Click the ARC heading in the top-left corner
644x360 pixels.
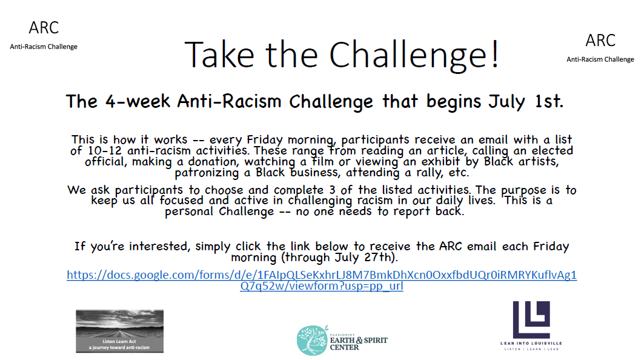point(44,28)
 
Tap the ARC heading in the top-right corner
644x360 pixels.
point(600,41)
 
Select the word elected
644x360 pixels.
point(546,150)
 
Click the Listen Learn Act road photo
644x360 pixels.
point(119,331)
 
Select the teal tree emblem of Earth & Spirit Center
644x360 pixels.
point(313,340)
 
